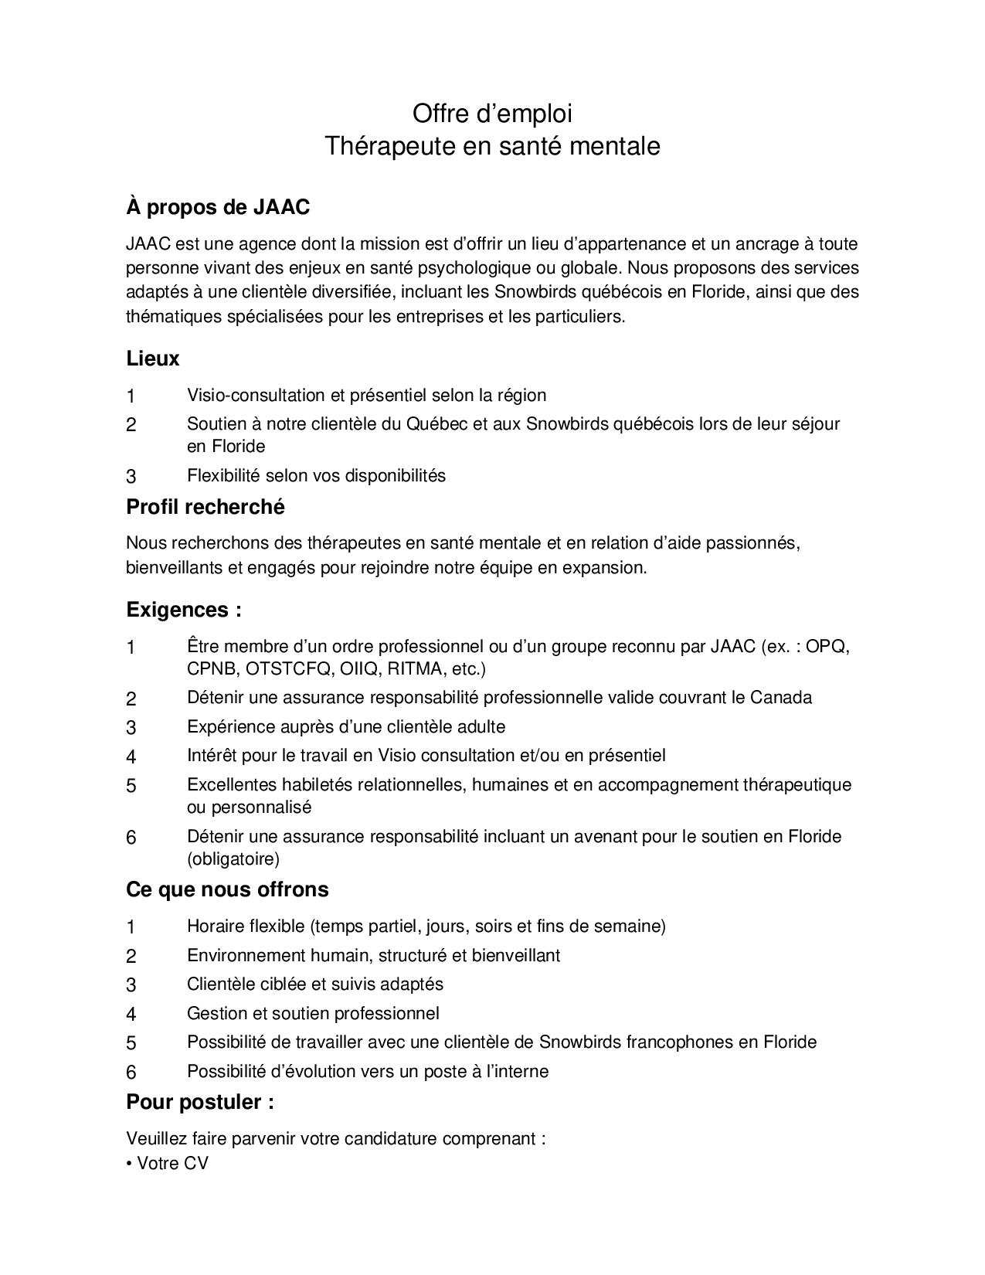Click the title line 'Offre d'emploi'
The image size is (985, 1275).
[492, 114]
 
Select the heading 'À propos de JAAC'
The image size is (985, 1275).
[218, 207]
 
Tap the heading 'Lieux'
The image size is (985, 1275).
[153, 359]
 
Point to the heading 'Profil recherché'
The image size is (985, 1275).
[205, 507]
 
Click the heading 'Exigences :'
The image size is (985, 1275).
[184, 610]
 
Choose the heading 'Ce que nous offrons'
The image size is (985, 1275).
[227, 889]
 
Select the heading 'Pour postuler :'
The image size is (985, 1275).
[200, 1102]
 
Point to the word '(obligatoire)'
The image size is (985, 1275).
[233, 858]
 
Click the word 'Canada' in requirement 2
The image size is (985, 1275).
[781, 698]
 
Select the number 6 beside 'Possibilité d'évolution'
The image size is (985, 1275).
[131, 1073]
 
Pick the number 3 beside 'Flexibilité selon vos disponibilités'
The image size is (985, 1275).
[131, 477]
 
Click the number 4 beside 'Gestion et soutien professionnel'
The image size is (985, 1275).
[131, 1015]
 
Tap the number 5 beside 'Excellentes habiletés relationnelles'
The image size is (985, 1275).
[131, 786]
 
